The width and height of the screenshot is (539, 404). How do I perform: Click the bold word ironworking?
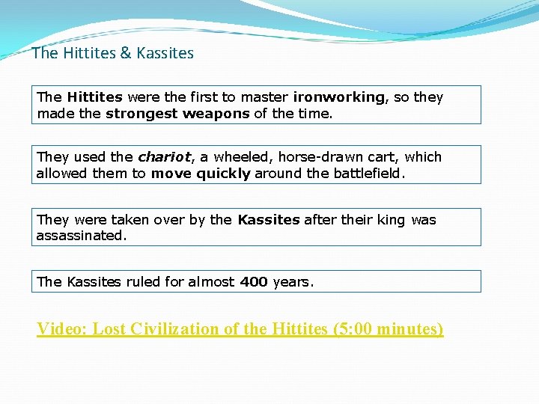340,97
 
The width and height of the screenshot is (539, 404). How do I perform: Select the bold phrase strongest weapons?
177,114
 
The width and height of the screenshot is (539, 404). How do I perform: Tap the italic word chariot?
165,157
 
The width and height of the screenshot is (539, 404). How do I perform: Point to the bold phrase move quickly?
201,174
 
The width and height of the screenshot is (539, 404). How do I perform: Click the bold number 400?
254,282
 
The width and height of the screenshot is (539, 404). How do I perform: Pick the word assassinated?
81,235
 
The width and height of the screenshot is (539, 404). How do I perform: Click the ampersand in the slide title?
126,53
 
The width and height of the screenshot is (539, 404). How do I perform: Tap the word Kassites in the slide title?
165,53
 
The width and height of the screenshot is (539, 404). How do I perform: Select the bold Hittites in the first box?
95,97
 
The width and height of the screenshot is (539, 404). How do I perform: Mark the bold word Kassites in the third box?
268,220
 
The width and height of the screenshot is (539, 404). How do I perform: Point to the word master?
266,97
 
